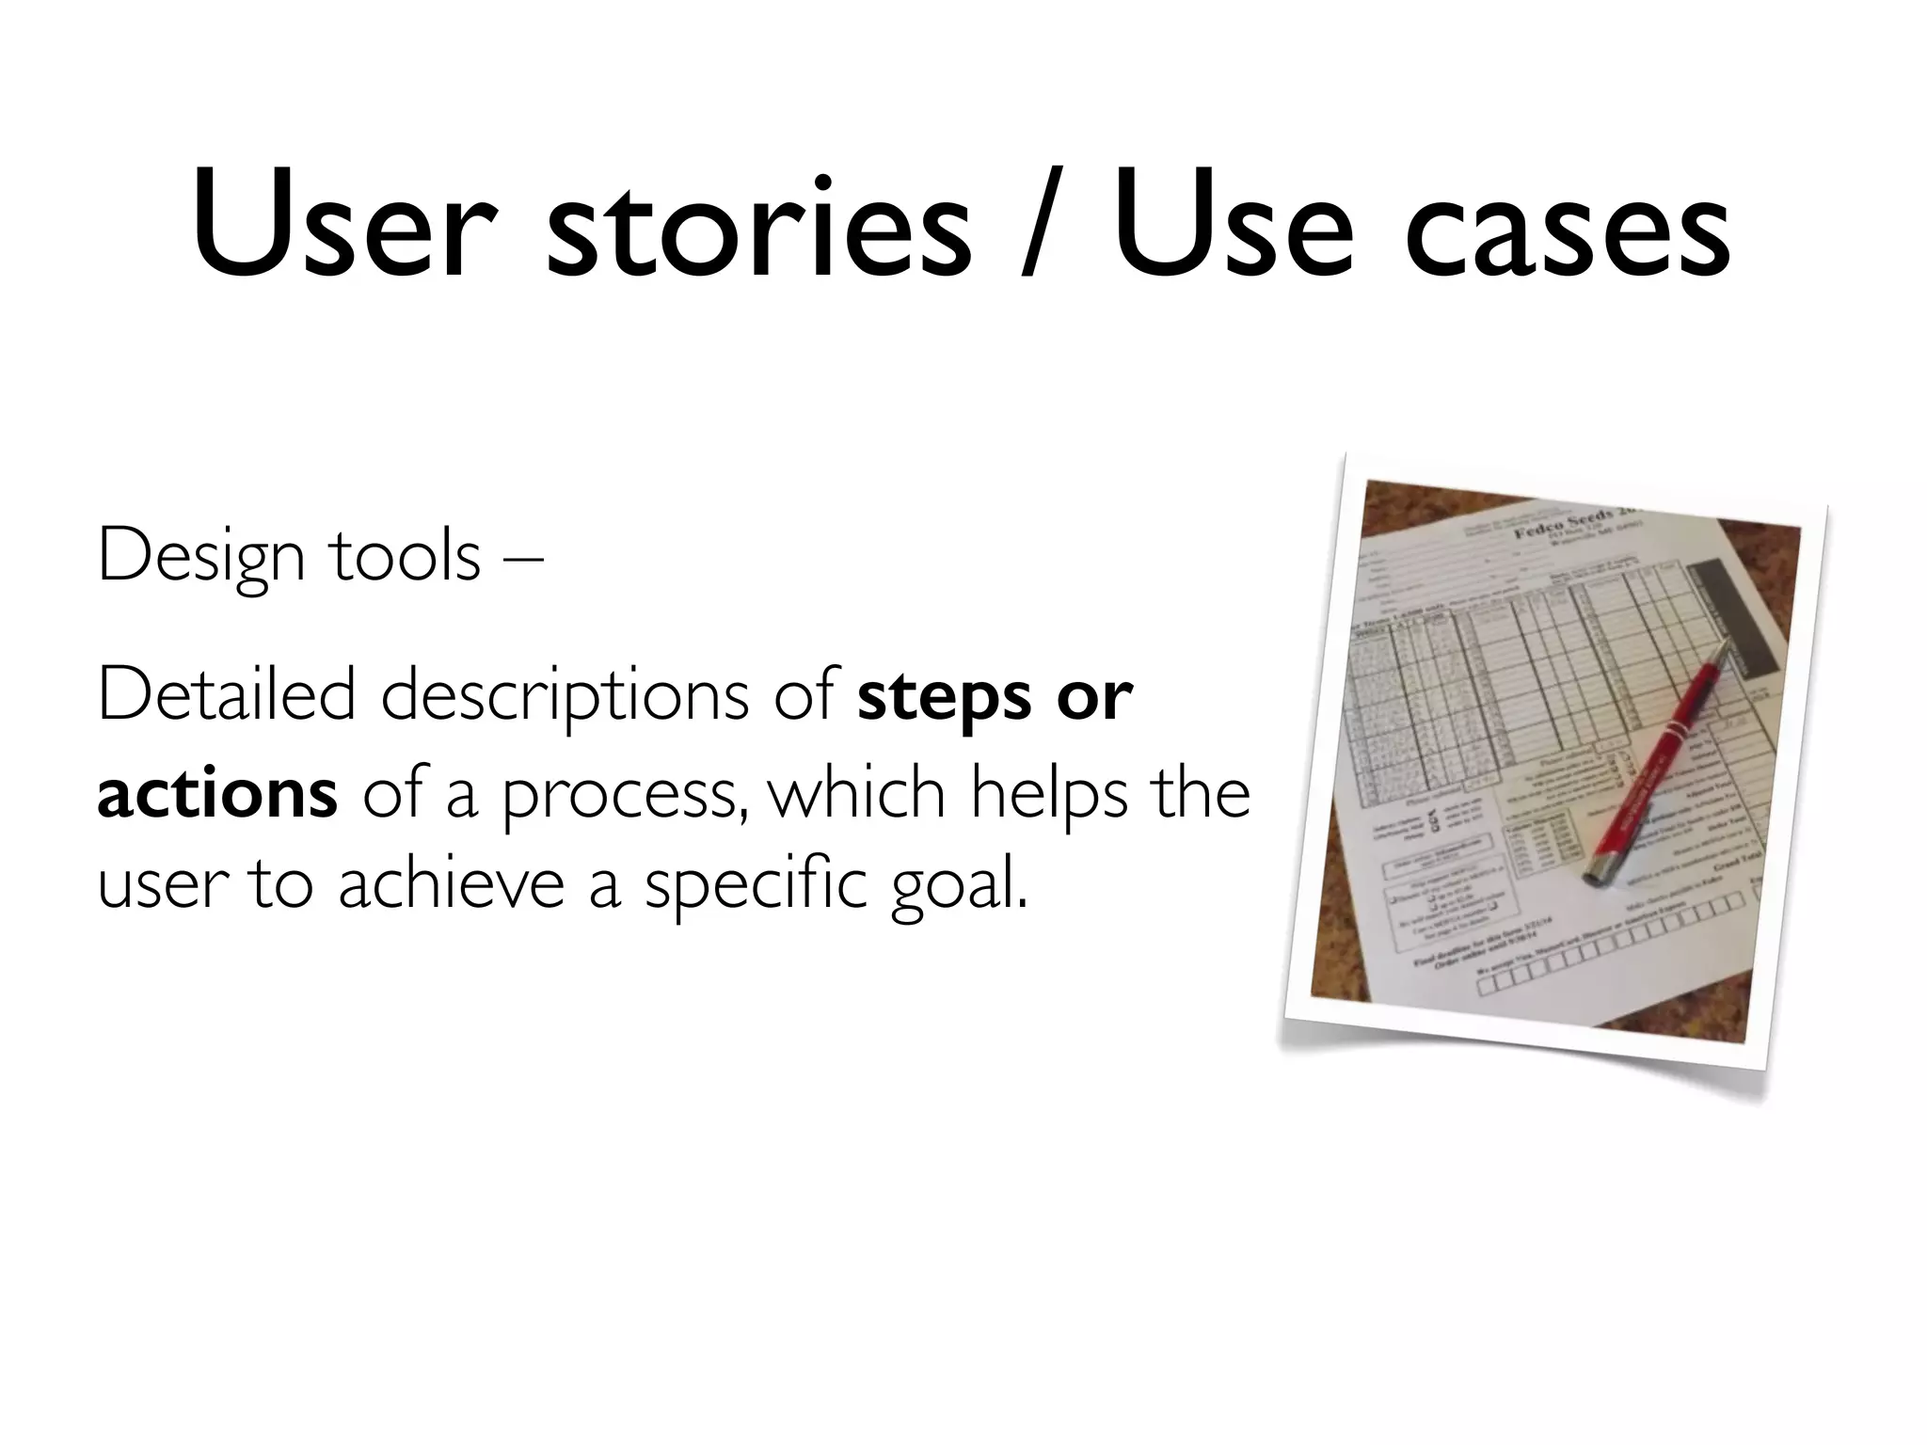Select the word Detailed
(x=226, y=695)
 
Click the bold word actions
(x=216, y=793)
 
